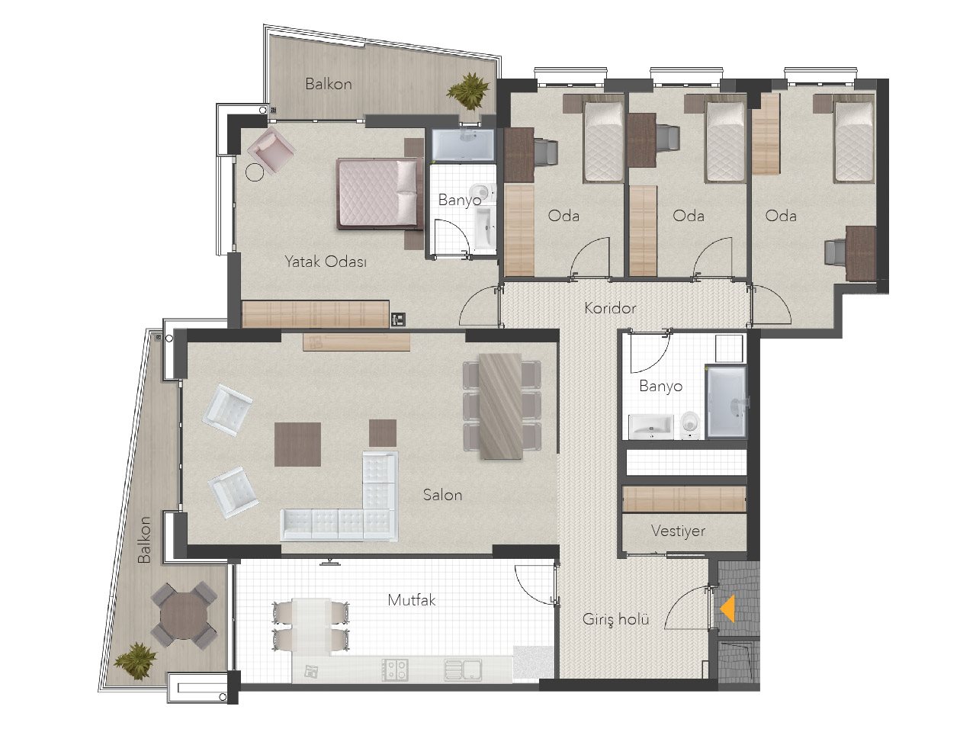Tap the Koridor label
coord(610,308)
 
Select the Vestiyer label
coord(678,531)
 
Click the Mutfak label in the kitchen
coord(411,600)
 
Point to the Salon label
coord(442,495)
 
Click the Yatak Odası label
coord(326,262)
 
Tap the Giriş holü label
coord(615,619)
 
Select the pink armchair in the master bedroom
coord(271,149)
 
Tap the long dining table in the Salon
coord(500,406)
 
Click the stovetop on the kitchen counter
coord(395,669)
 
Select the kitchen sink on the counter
coord(463,670)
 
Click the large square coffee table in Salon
coord(297,444)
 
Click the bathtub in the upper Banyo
coord(463,145)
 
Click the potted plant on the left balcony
coord(136,661)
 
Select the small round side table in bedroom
coord(255,172)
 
